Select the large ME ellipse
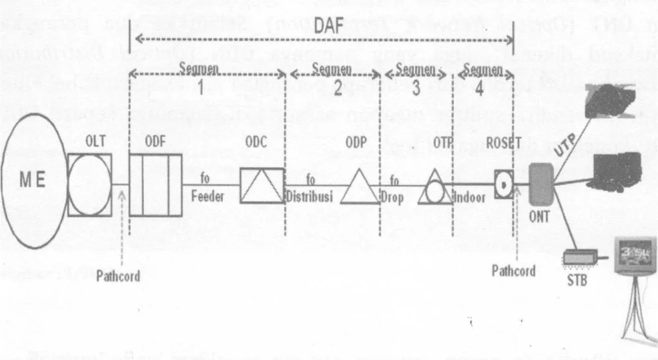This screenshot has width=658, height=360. coord(35,182)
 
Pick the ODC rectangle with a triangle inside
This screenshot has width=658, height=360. coord(262,185)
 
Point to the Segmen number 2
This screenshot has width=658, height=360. coord(338,89)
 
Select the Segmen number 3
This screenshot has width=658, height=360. coord(416,89)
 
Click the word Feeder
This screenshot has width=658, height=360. coord(208,197)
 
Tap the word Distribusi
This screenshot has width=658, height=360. coord(310,197)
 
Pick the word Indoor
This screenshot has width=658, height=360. coord(470,198)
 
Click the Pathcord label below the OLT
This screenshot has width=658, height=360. coord(118,276)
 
